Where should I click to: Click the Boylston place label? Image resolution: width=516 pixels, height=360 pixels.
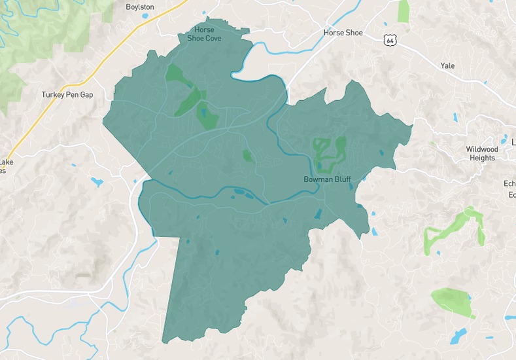(x=140, y=7)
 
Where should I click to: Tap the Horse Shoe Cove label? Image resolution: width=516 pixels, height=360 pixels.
(x=205, y=34)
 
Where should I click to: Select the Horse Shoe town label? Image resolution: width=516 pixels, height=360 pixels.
(x=343, y=33)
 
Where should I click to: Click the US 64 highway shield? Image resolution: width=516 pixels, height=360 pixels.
(x=390, y=40)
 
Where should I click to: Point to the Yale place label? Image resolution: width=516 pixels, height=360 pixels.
(x=447, y=66)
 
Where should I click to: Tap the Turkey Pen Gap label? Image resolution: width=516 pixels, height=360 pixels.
(x=67, y=95)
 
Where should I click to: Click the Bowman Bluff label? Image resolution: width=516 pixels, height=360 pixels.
(x=327, y=179)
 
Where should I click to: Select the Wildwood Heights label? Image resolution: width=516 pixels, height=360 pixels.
(x=482, y=154)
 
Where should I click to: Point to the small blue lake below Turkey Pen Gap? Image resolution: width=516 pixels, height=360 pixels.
(x=97, y=182)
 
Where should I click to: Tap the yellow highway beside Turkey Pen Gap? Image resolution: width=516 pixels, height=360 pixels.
(x=39, y=118)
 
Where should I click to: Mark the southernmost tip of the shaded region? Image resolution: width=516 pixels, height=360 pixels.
(x=163, y=342)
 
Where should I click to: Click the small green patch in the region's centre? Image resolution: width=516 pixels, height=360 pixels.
(x=247, y=156)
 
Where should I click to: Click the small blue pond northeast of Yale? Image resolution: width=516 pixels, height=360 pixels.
(x=455, y=118)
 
